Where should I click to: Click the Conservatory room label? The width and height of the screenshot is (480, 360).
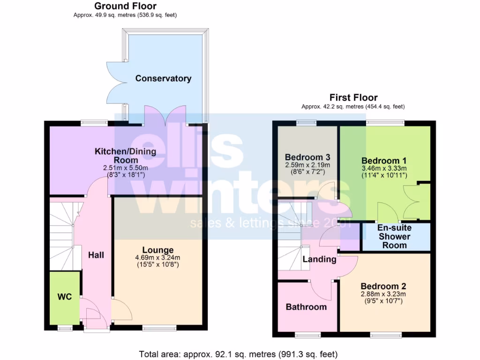163,78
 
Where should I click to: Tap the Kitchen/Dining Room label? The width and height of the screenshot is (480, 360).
126,155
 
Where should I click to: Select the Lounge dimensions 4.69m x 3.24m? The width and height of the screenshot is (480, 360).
158,258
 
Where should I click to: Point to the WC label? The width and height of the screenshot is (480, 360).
65,297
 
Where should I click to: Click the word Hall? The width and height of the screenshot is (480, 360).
96,255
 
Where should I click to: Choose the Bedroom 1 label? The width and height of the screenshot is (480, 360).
384,160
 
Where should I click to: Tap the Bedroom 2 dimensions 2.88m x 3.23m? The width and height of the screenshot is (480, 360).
383,294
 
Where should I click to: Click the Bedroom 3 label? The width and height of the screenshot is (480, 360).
307,157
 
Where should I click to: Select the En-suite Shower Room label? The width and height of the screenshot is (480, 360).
394,237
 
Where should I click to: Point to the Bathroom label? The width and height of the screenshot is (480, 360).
306,307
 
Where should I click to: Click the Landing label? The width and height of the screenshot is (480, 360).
319,259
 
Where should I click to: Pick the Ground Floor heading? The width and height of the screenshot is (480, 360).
125,6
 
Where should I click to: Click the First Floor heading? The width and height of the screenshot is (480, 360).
353,97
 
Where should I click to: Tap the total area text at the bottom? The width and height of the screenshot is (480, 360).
238,354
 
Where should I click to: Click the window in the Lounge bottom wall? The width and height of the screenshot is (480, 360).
159,328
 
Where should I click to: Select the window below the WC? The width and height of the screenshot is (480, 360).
65,328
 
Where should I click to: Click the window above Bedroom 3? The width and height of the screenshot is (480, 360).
306,123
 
